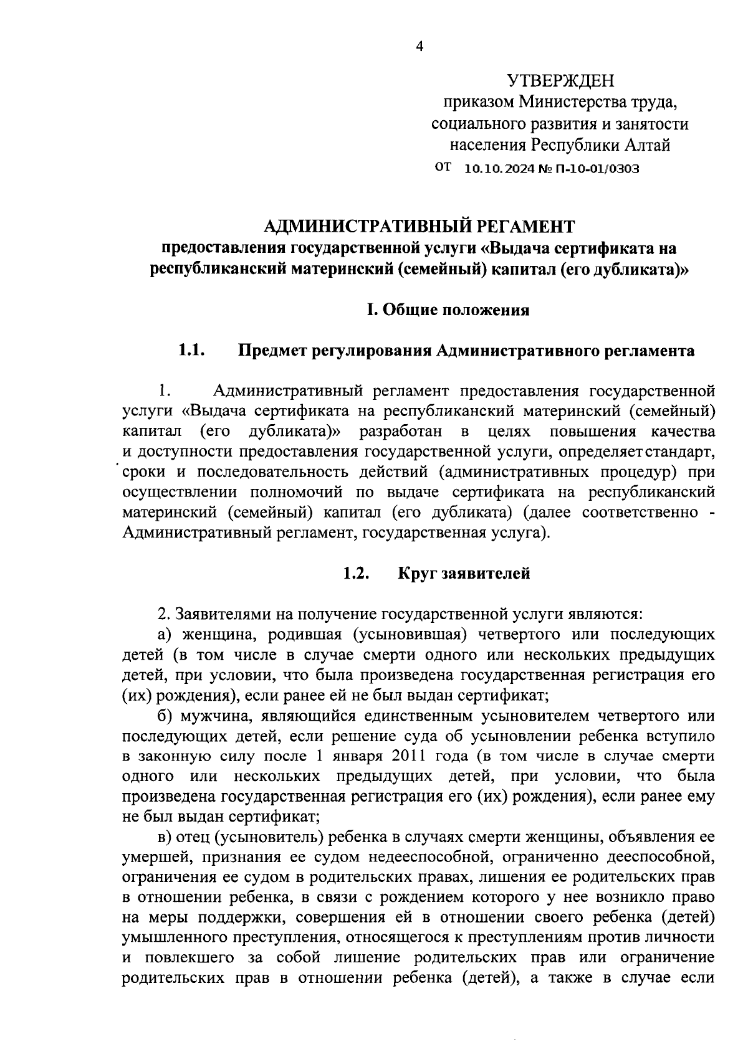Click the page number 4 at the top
(x=419, y=47)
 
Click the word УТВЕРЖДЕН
(x=560, y=81)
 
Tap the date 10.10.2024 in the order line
(x=496, y=169)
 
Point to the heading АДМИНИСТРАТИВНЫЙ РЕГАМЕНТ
(x=418, y=225)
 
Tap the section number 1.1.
(x=193, y=351)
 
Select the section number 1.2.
(x=357, y=574)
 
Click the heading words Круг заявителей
(x=464, y=574)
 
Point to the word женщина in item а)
(x=215, y=634)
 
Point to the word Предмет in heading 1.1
(x=271, y=351)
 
